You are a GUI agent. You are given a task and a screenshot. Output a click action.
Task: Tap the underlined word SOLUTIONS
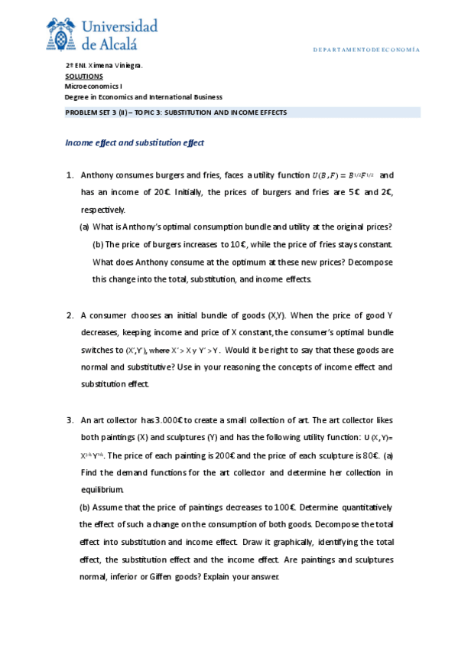tap(83, 77)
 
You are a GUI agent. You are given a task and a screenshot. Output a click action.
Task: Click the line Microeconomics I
tap(93, 86)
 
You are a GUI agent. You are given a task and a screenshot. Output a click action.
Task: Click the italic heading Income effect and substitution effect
tap(134, 142)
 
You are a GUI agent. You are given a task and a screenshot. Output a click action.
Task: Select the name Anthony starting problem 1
tap(98, 175)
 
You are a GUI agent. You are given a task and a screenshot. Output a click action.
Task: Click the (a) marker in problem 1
tap(84, 227)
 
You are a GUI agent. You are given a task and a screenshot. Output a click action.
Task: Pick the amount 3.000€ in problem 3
tap(167, 419)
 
